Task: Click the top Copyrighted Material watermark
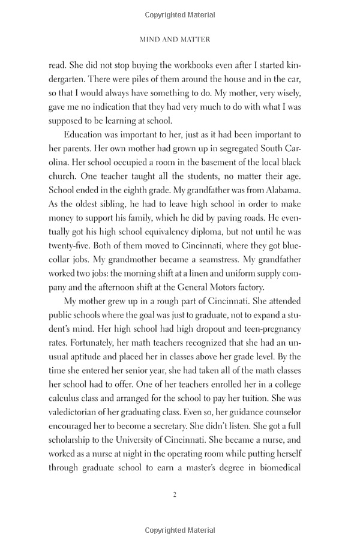pyautogui.click(x=180, y=14)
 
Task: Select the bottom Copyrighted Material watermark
pyautogui.click(x=180, y=530)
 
